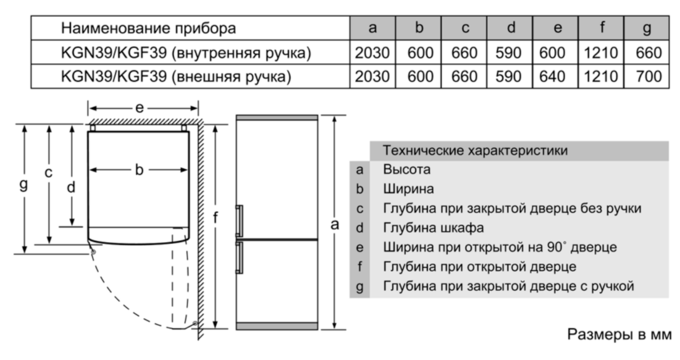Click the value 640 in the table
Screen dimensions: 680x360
pyautogui.click(x=552, y=77)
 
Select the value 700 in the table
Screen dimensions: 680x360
pyautogui.click(x=649, y=77)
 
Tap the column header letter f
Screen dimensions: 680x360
pyautogui.click(x=602, y=27)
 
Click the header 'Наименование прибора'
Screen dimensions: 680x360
pyautogui.click(x=148, y=28)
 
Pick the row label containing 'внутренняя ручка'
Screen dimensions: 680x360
pyautogui.click(x=186, y=53)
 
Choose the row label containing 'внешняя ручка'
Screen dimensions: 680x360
pyautogui.click(x=176, y=77)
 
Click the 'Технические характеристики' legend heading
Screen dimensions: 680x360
pyautogui.click(x=475, y=151)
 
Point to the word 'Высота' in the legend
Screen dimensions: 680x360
pyautogui.click(x=406, y=169)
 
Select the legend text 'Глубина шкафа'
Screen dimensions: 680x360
pyautogui.click(x=433, y=228)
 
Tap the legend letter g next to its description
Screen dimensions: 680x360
pyautogui.click(x=359, y=287)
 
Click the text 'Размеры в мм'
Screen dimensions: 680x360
pyautogui.click(x=619, y=335)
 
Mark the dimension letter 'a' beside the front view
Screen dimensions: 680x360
pyautogui.click(x=334, y=224)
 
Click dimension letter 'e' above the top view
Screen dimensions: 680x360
pyautogui.click(x=139, y=107)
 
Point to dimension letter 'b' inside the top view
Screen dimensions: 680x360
pyautogui.click(x=139, y=170)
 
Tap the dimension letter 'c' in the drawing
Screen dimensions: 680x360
pyautogui.click(x=49, y=173)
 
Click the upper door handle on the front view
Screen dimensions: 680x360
pyautogui.click(x=239, y=221)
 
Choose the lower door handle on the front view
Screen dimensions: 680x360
pyautogui.click(x=239, y=257)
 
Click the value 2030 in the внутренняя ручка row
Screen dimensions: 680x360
pyautogui.click(x=372, y=52)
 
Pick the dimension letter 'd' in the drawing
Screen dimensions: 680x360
pyautogui.click(x=70, y=187)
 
